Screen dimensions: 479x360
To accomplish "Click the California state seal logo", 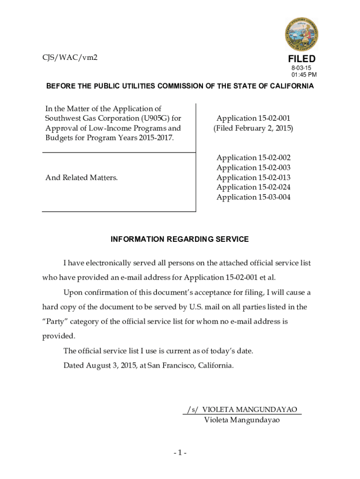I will (x=302, y=34).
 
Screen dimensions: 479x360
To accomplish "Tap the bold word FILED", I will (x=302, y=59).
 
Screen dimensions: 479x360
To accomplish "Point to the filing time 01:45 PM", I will (x=304, y=75).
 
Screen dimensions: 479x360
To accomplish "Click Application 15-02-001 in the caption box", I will (x=253, y=118).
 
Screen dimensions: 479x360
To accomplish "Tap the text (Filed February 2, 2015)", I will (x=253, y=128).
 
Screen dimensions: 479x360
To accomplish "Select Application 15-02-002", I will (x=253, y=158).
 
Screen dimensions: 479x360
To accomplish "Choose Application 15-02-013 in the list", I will (x=253, y=178).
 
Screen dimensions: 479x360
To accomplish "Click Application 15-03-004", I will (x=253, y=197).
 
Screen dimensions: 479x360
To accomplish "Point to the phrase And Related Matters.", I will (x=81, y=178).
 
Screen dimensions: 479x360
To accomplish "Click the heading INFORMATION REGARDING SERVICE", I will (x=180, y=239).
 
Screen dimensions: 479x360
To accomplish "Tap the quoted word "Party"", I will (x=54, y=322).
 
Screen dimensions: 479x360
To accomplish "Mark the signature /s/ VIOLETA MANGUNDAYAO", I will (x=242, y=409).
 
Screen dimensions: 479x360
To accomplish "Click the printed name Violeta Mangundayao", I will (x=242, y=420).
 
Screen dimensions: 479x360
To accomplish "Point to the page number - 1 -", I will (x=180, y=453).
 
